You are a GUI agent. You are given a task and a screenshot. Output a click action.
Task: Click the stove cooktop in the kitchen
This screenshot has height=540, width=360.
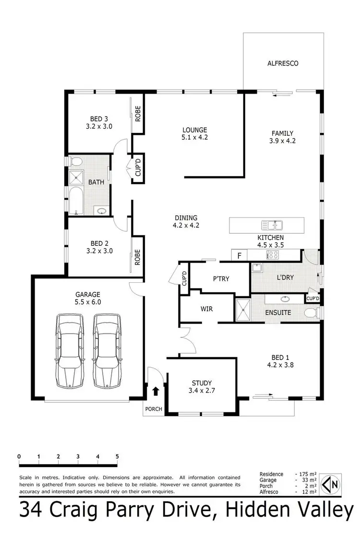point(273,255)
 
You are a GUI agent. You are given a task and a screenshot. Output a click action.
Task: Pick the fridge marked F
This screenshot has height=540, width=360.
point(239,255)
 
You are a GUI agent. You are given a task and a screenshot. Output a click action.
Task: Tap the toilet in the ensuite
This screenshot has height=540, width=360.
point(312,313)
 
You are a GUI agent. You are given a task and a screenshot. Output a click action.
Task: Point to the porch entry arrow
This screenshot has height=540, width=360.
point(155,391)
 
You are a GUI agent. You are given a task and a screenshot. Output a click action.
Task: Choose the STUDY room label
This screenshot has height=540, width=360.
point(202,383)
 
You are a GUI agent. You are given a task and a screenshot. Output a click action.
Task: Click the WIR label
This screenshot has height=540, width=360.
point(207,309)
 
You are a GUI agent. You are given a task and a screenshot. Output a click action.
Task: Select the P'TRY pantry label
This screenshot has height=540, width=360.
point(221,278)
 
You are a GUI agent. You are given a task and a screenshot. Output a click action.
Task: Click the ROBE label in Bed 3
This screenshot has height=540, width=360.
point(137,113)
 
